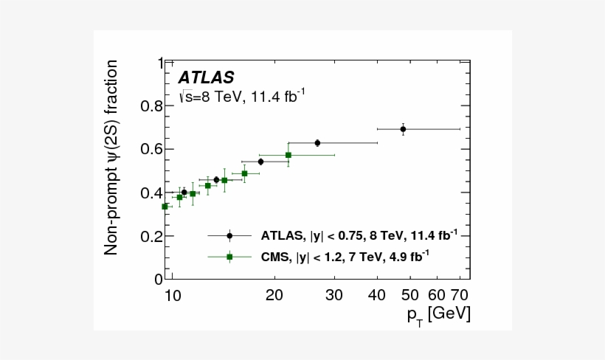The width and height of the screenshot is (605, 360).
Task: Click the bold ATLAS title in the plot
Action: (x=206, y=77)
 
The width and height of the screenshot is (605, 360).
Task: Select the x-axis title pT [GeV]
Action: (x=438, y=314)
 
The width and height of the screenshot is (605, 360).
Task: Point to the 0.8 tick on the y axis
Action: (x=148, y=106)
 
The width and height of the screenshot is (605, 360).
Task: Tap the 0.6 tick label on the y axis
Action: (x=148, y=150)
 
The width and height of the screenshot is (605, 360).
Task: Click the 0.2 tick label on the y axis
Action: (x=148, y=236)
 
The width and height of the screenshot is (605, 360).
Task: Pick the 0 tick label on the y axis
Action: (x=157, y=280)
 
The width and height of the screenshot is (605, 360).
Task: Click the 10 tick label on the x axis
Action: (x=172, y=295)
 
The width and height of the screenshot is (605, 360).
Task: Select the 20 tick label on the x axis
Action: (x=274, y=295)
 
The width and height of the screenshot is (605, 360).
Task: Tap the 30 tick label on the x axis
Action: (x=334, y=295)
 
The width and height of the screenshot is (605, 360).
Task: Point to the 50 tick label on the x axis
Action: (x=410, y=295)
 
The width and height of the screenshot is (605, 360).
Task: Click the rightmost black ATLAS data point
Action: (x=403, y=129)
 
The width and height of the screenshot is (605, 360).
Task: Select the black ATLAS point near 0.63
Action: (x=317, y=142)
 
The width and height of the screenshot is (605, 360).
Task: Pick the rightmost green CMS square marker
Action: (x=288, y=155)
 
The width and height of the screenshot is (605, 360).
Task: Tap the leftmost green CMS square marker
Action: (x=165, y=207)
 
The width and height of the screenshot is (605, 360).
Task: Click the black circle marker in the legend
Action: (x=229, y=236)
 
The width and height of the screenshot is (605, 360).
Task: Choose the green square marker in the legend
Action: (x=229, y=257)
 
